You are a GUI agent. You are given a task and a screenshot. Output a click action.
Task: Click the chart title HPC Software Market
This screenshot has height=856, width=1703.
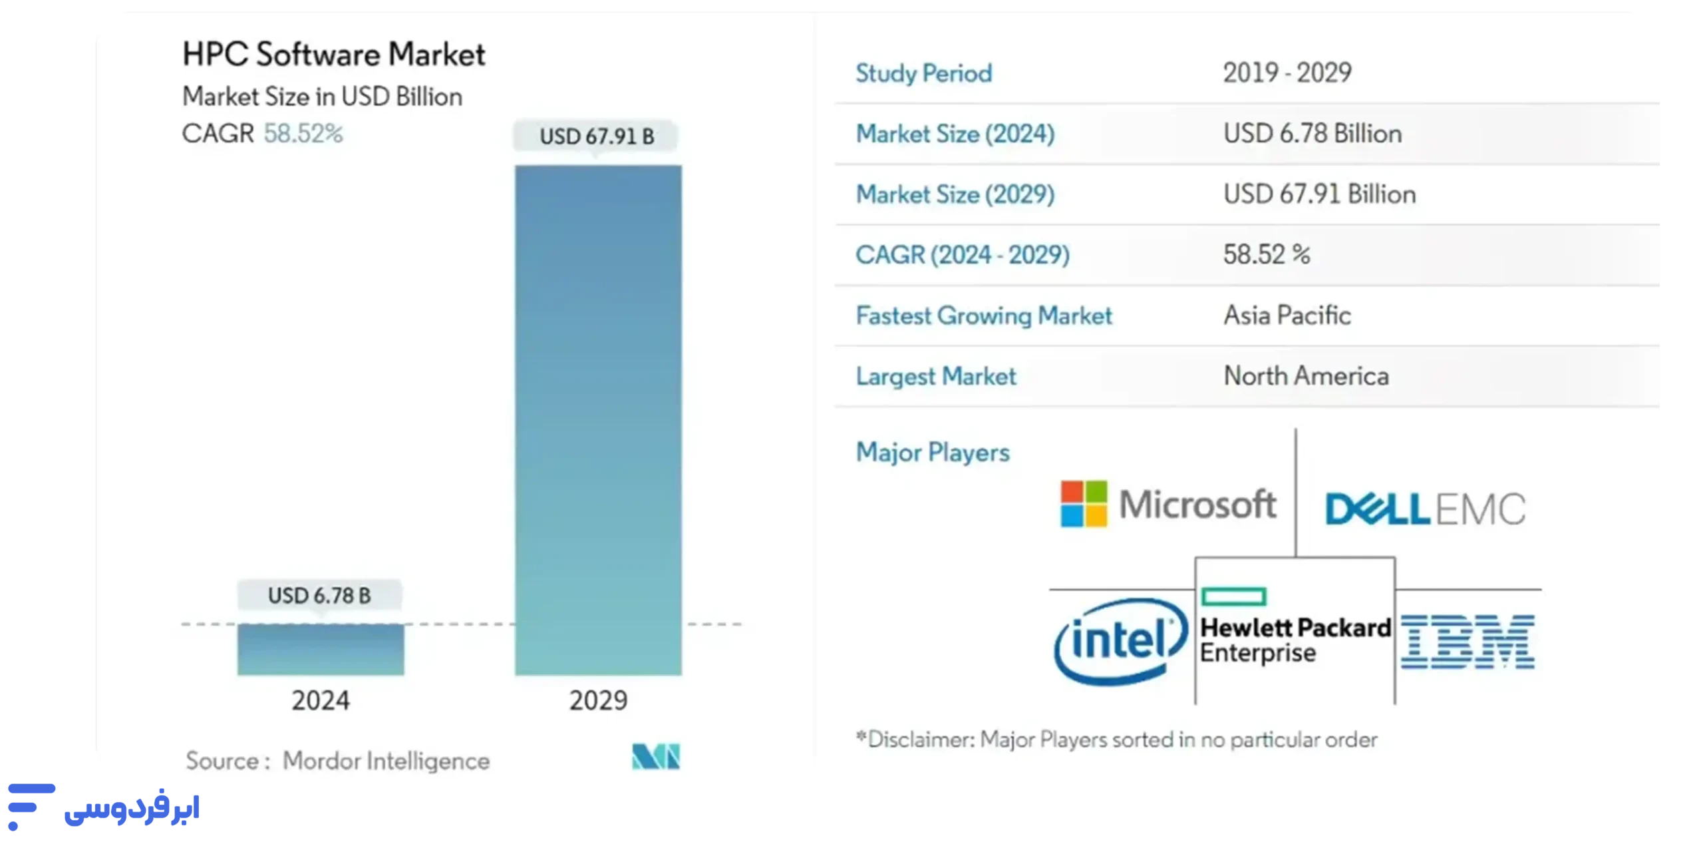334,55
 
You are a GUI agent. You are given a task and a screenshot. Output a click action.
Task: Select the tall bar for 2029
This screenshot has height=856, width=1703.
598,419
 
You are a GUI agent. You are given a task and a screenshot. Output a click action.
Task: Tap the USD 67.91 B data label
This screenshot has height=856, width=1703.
596,136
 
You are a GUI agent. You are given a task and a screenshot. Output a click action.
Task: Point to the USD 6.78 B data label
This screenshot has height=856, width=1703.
319,595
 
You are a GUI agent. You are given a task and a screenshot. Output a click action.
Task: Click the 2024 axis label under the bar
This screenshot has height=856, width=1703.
320,700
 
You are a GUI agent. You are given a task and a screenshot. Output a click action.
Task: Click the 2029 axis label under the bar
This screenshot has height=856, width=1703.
598,700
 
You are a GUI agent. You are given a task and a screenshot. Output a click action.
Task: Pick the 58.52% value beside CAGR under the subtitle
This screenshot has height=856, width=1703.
303,134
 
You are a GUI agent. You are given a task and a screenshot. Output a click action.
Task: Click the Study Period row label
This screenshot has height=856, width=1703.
923,73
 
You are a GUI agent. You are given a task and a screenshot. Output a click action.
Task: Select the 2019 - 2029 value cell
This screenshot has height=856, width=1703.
1287,73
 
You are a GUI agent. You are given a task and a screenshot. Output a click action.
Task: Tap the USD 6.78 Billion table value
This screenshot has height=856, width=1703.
1313,134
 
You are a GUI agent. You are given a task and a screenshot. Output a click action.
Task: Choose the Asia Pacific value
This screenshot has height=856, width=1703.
1287,316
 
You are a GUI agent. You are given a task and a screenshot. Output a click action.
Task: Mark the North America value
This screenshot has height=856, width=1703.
1306,376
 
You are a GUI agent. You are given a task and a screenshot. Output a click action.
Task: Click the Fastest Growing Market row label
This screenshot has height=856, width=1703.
983,316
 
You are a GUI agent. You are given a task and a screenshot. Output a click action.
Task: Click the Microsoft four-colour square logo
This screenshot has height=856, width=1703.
1084,504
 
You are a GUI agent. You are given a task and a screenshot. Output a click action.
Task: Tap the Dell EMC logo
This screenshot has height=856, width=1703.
1425,509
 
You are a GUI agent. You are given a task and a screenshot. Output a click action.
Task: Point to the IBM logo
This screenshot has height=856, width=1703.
1468,642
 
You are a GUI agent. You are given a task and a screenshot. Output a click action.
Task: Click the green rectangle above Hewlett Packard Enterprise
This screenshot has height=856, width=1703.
1233,596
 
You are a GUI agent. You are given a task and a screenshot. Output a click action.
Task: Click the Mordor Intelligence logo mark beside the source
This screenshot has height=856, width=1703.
656,756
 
